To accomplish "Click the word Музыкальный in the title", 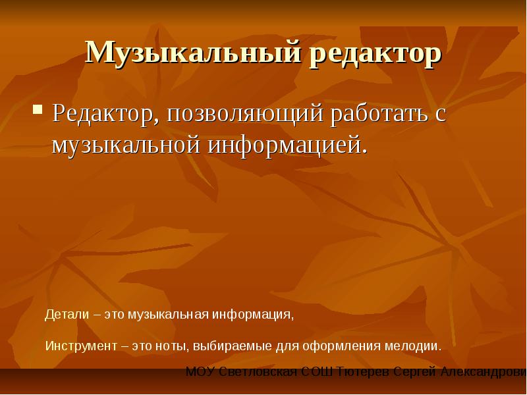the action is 193,52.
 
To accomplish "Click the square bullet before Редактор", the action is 38,109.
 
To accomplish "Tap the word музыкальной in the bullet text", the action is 126,145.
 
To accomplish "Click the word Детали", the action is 67,315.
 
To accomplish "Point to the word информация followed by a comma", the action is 253,315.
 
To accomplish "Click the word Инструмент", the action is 81,346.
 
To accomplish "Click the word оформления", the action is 341,346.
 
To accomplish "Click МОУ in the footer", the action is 200,372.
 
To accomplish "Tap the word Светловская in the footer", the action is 258,372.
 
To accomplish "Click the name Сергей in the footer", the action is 415,372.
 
